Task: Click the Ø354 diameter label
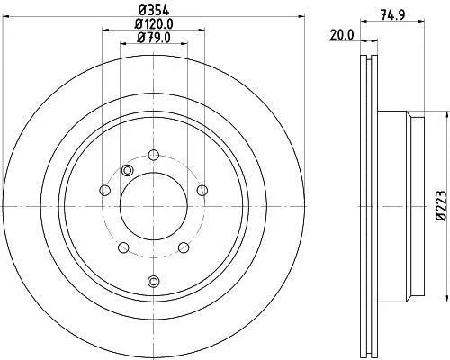click(154, 11)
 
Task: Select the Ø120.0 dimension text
click(154, 24)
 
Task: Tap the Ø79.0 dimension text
click(154, 38)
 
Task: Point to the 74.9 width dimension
click(392, 14)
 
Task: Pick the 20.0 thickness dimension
click(342, 35)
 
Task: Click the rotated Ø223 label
click(441, 206)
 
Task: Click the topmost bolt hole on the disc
click(154, 155)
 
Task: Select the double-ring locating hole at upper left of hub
click(127, 170)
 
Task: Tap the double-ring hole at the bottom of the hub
click(154, 281)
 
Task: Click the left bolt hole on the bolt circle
click(104, 190)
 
